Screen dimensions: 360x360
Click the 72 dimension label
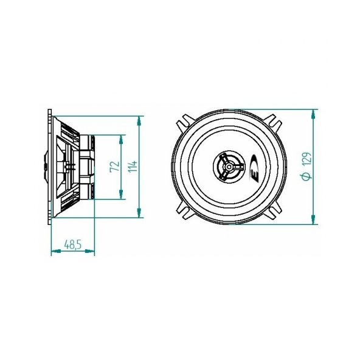[x=115, y=167]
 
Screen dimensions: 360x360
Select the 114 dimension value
[x=133, y=167]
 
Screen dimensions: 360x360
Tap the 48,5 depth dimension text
[x=73, y=244]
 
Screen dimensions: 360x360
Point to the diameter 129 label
[x=306, y=166]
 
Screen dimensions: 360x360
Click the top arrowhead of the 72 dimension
[x=121, y=140]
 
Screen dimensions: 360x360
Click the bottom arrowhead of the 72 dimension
[x=121, y=195]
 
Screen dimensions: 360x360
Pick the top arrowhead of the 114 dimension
[x=139, y=121]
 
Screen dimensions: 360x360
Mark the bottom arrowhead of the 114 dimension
[x=139, y=213]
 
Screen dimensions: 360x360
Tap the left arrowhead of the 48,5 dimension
[x=56, y=251]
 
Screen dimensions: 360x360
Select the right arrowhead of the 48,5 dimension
[x=90, y=251]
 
